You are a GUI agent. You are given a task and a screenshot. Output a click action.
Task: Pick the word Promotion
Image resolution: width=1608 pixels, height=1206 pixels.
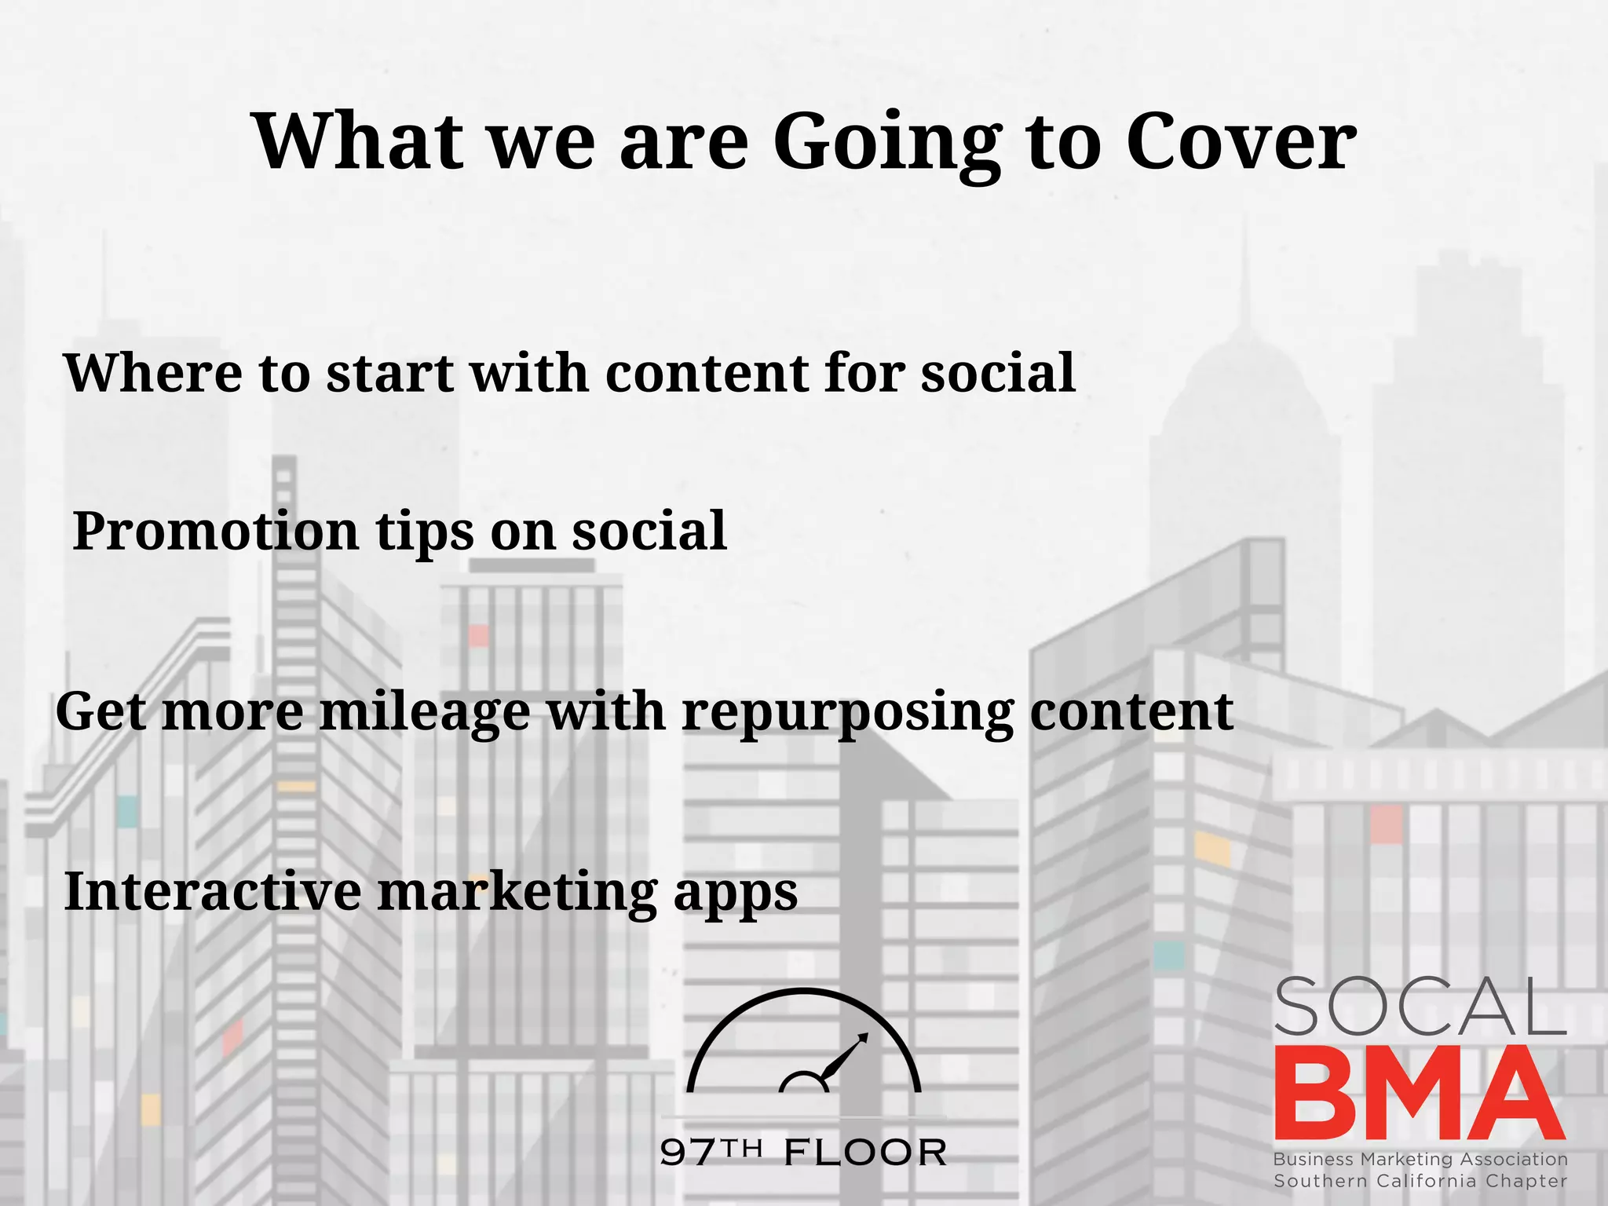pyautogui.click(x=215, y=532)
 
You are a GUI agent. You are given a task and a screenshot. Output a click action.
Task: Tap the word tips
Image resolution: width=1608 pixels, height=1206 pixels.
pyautogui.click(x=425, y=532)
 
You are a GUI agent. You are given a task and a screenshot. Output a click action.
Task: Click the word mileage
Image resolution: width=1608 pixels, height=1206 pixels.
pyautogui.click(x=425, y=713)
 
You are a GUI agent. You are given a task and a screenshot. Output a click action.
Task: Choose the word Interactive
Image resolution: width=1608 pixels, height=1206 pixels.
pyautogui.click(x=212, y=892)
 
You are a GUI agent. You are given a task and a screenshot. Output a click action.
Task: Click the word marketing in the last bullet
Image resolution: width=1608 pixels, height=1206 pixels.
pyautogui.click(x=517, y=894)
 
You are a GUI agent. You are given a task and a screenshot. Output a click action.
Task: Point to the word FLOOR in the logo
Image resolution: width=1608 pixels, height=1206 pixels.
pyautogui.click(x=865, y=1153)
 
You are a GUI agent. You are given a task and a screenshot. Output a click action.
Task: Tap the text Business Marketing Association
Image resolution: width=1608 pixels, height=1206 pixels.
pyautogui.click(x=1420, y=1159)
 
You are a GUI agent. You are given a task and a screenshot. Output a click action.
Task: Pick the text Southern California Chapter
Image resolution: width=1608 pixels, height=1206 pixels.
pyautogui.click(x=1420, y=1181)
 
